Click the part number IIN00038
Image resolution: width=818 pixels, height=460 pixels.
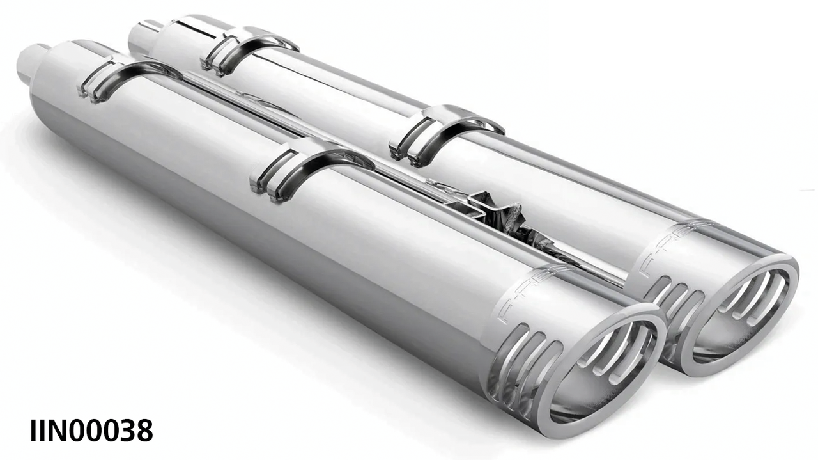tap(91, 431)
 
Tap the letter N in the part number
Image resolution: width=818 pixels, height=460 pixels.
tap(57, 431)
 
